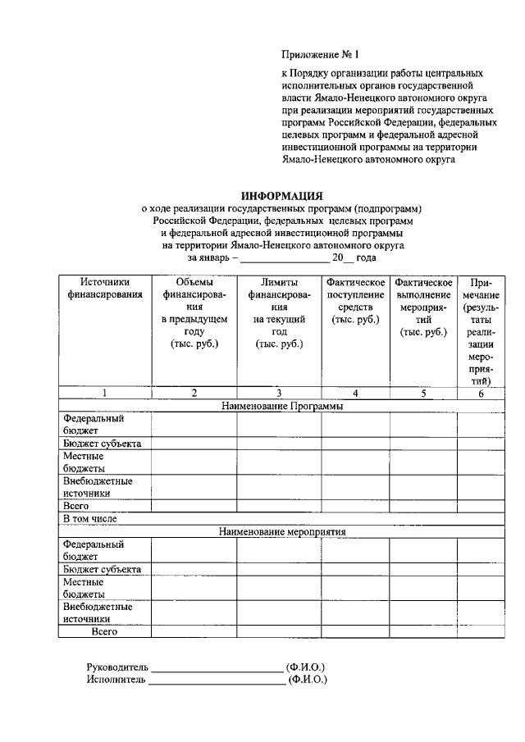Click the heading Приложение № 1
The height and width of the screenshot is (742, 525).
321,55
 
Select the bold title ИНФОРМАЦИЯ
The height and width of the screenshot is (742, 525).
281,196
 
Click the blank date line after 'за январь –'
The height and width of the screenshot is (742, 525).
290,257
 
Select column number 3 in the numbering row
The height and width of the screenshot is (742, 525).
279,393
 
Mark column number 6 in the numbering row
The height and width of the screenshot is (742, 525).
481,393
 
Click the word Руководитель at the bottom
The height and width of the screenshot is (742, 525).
117,667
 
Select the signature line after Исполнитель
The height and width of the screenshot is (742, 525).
216,680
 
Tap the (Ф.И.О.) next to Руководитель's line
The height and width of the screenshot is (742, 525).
305,667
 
